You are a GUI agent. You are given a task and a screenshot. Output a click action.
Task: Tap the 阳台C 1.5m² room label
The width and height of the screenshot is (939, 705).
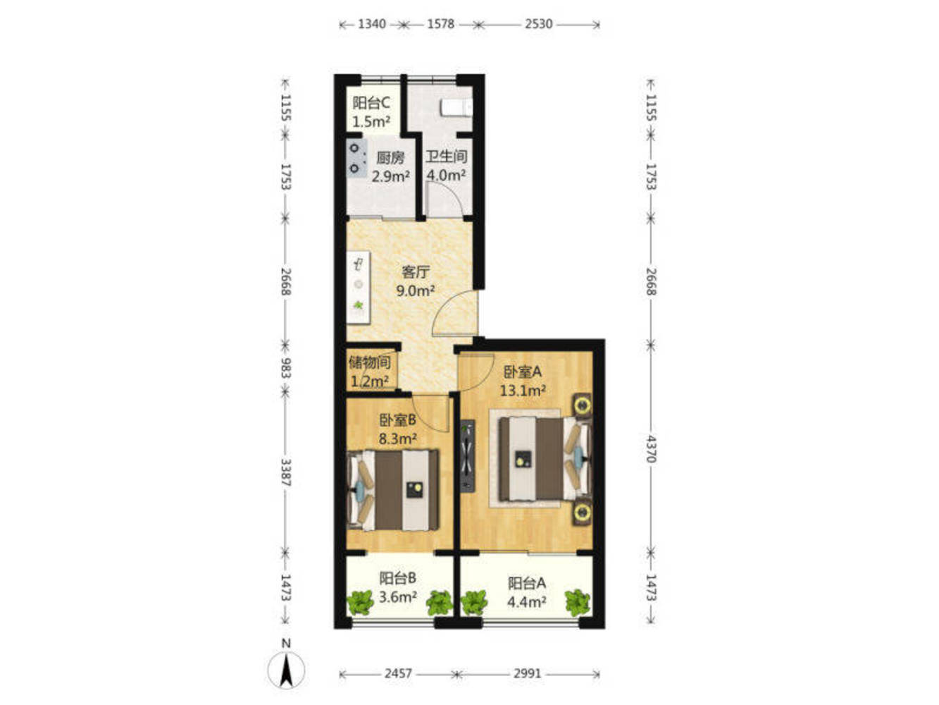371,112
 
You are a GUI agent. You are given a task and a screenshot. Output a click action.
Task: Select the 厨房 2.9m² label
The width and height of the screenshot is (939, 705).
390,167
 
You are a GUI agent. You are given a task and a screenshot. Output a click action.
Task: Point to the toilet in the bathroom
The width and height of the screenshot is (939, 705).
456,107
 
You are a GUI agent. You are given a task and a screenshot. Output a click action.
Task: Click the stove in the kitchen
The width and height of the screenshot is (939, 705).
356,158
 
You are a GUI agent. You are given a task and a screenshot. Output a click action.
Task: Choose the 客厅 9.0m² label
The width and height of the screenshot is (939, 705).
416,281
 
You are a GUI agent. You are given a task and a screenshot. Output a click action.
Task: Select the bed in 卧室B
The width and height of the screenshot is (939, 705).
392,490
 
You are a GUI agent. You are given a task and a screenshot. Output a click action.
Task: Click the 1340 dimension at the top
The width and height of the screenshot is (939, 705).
372,24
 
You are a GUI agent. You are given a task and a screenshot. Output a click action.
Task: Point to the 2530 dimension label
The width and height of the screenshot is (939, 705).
539,24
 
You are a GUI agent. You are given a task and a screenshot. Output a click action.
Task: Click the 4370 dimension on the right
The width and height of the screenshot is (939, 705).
650,448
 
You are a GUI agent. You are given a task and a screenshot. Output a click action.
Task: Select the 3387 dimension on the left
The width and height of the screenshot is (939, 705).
286,472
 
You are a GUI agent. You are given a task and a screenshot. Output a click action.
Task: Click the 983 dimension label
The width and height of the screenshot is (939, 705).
286,368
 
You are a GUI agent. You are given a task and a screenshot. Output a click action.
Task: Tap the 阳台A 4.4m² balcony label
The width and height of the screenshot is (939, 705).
527,592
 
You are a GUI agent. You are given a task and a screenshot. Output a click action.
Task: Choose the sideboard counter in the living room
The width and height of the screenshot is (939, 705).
359,288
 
